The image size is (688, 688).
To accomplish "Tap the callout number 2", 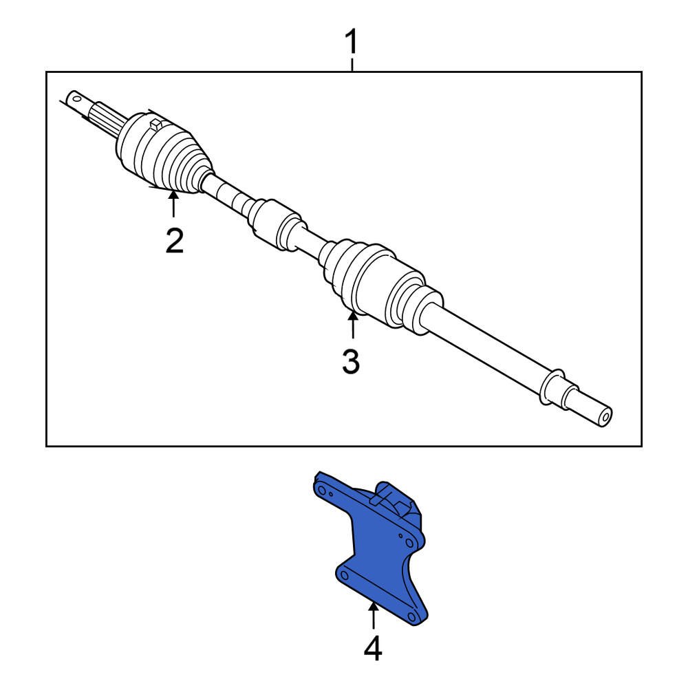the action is pos(174,240).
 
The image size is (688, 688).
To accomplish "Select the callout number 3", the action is pos(351,362).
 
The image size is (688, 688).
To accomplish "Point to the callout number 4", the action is pos(373,649).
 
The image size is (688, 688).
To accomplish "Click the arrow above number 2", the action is pos(174,204).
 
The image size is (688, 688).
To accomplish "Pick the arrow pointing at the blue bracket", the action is pos(373,616).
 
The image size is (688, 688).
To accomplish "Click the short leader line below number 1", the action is pos(352,65).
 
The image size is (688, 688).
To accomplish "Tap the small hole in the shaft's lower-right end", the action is pos(606,415).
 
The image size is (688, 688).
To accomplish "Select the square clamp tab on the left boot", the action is pos(155,124).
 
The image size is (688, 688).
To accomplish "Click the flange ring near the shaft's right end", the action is pos(550,386).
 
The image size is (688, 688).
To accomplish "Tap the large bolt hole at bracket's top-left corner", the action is pos(322,490).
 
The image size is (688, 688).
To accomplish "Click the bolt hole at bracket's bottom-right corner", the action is pos(412,616).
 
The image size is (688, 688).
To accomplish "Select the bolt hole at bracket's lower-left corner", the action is pos(345,575).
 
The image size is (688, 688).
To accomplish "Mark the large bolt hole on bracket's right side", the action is pos(409,543).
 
